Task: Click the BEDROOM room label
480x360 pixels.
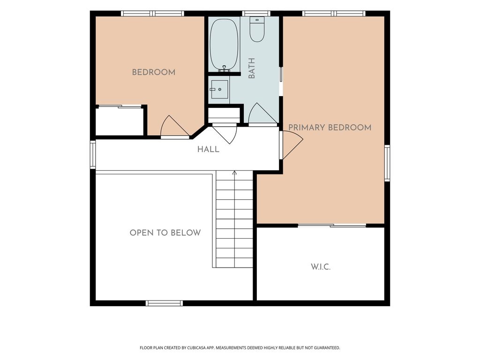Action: (153, 72)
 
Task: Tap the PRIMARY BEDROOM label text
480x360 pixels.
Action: (330, 127)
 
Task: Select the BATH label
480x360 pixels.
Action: (252, 68)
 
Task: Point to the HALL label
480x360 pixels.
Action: (208, 150)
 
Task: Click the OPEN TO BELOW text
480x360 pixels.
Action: (165, 232)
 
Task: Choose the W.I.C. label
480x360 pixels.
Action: (321, 267)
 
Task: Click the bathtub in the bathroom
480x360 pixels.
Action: (225, 45)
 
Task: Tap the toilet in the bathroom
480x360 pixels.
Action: (257, 29)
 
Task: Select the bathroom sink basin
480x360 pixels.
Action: (220, 90)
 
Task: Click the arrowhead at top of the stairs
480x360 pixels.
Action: (234, 172)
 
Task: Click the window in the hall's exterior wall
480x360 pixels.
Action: (93, 155)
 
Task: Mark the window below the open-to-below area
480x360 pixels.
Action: (164, 303)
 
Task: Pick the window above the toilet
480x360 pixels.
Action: (256, 14)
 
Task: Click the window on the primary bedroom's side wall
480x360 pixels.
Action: (387, 163)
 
